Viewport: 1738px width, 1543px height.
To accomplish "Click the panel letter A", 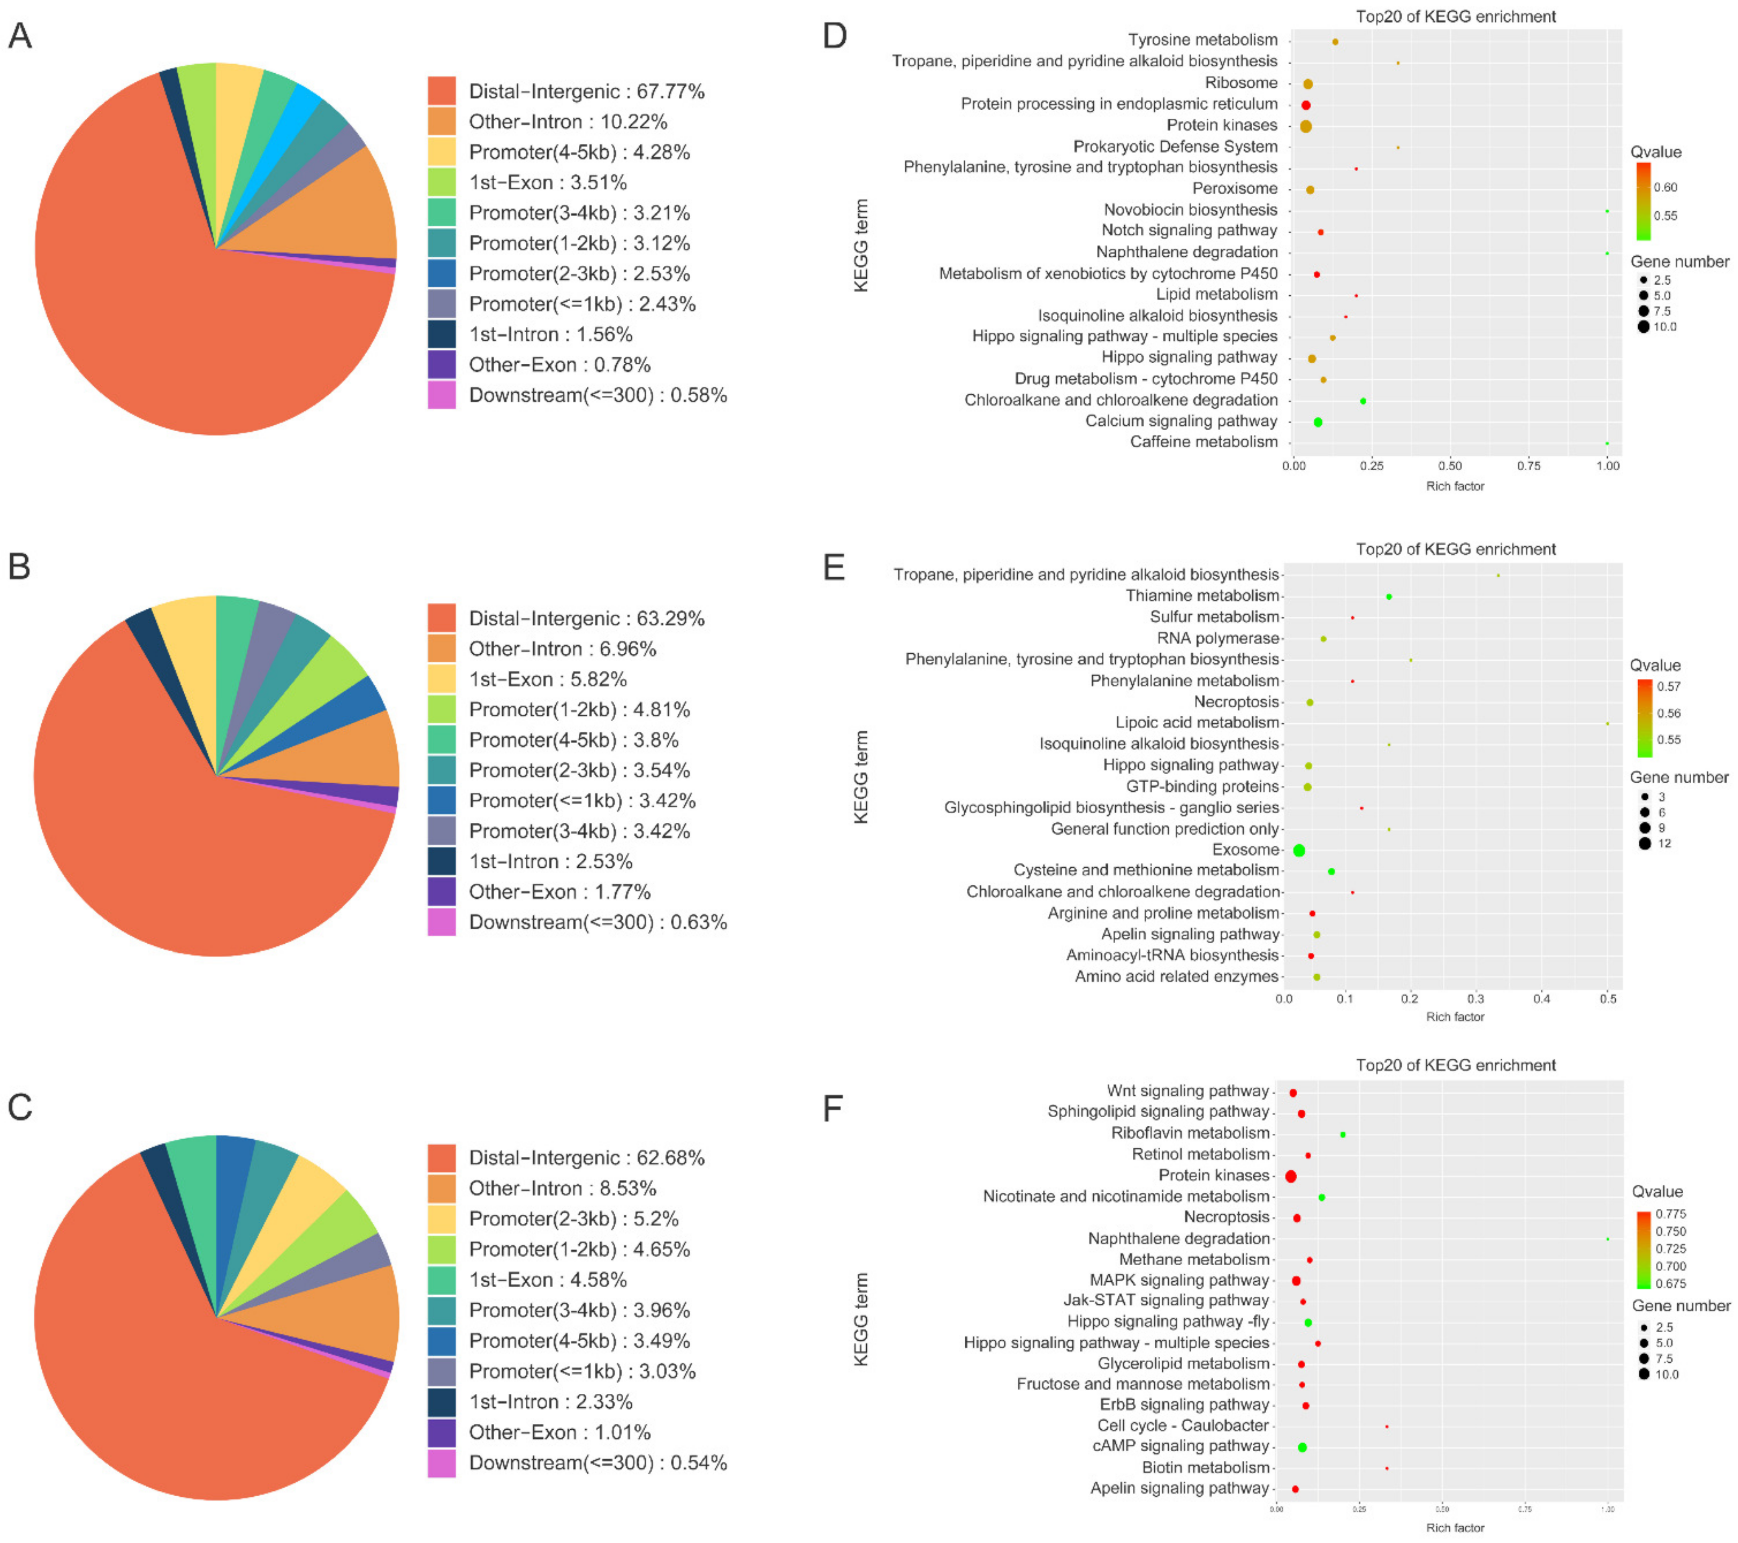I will pyautogui.click(x=20, y=36).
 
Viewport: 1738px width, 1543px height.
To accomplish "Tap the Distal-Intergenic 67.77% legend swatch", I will pyautogui.click(x=441, y=91).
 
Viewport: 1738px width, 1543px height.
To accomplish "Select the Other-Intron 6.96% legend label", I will pyautogui.click(x=562, y=649).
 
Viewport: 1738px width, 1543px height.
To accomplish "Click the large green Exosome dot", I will pyautogui.click(x=1299, y=850).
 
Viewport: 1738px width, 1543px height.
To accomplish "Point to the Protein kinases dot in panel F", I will pyautogui.click(x=1291, y=1177).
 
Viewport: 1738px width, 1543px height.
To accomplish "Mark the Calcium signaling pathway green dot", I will pyautogui.click(x=1318, y=422).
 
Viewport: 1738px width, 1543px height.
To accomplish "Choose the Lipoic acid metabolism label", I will pyautogui.click(x=1197, y=722).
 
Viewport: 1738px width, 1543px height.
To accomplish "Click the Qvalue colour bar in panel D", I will pyautogui.click(x=1643, y=201).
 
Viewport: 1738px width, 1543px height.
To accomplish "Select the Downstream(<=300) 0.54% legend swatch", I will pyautogui.click(x=441, y=1463).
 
